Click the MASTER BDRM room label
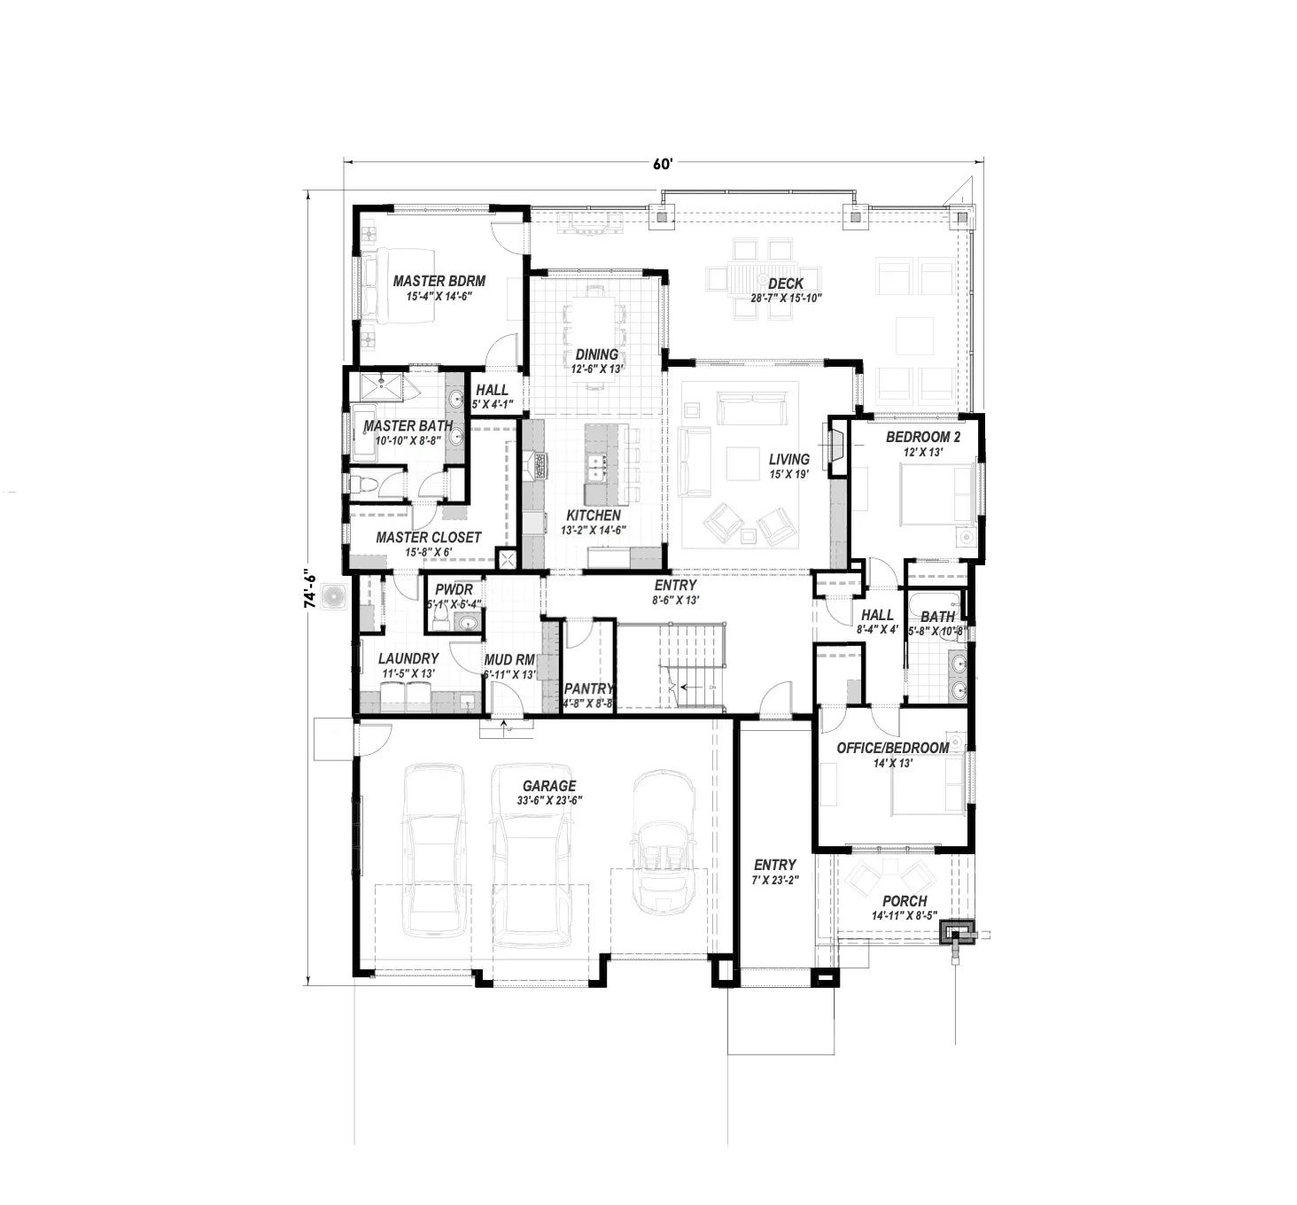[439, 281]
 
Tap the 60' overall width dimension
[663, 163]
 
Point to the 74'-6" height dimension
[309, 588]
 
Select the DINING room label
[597, 354]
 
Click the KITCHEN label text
[593, 515]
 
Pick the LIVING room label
[788, 459]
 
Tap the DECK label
[786, 284]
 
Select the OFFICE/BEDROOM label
[892, 748]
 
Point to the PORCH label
[905, 901]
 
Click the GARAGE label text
[548, 786]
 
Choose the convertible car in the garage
[663, 842]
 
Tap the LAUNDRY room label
[408, 658]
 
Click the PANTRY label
[588, 688]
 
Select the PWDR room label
[454, 590]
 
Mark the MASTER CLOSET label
[428, 537]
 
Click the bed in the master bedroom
[390, 286]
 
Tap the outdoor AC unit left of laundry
[334, 597]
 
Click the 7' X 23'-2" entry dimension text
[775, 881]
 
